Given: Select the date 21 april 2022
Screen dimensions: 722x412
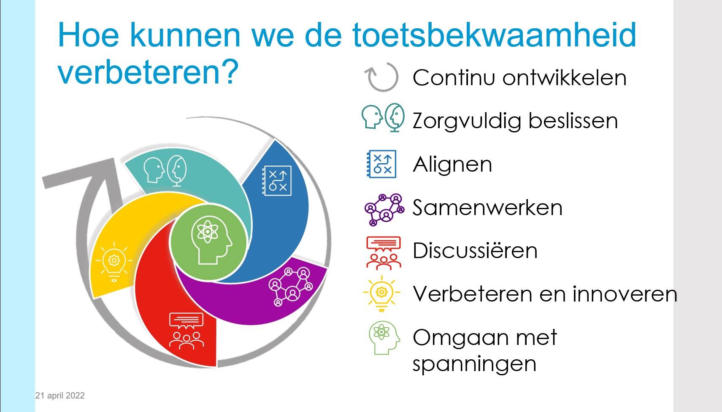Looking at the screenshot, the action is [60, 396].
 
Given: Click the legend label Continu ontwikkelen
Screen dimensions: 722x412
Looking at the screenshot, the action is [519, 78].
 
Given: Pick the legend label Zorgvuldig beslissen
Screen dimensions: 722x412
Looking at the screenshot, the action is [515, 121].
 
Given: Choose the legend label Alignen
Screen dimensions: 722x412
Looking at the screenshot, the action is [452, 165].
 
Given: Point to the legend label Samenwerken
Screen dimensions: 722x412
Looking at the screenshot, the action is [487, 207].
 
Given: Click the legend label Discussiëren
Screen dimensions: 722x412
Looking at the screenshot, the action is [475, 250].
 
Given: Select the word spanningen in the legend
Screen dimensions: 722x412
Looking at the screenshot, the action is [474, 364].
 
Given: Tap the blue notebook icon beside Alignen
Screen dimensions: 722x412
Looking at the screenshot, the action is [381, 164].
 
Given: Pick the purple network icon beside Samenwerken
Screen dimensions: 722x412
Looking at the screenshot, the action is [384, 210].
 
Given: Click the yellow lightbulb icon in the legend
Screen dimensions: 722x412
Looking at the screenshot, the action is [381, 293].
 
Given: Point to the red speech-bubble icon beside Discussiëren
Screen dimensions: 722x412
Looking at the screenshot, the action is [384, 253].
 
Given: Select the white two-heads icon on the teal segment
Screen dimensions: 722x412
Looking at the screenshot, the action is [165, 171].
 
